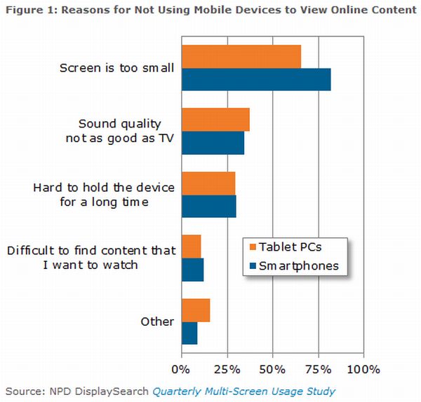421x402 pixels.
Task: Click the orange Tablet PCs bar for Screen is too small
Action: coord(241,56)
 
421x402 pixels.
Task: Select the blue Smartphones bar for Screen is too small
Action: coord(255,79)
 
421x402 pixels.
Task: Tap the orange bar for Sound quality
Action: coord(215,120)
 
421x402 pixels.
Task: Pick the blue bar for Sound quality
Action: coord(213,143)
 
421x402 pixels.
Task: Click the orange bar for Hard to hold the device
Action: coord(208,183)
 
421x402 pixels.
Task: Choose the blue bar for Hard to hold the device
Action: coord(208,207)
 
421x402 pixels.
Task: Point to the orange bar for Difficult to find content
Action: coord(191,247)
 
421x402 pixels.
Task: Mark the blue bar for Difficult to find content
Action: coord(192,270)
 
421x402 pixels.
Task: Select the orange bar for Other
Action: coord(196,310)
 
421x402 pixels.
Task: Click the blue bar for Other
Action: coord(189,333)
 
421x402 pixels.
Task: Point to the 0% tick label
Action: coord(181,368)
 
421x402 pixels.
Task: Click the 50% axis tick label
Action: coord(272,368)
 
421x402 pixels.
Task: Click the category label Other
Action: coord(156,321)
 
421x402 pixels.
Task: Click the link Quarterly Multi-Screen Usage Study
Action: coord(243,391)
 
